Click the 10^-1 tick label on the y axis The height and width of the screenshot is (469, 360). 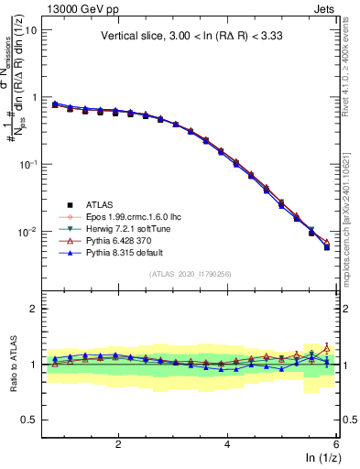[27, 165]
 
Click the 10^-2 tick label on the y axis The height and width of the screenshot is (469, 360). [27, 233]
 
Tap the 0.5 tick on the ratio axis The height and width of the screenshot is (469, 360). [27, 420]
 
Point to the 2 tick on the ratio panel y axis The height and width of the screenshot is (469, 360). [32, 309]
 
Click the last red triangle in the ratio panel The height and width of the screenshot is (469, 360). [327, 348]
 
